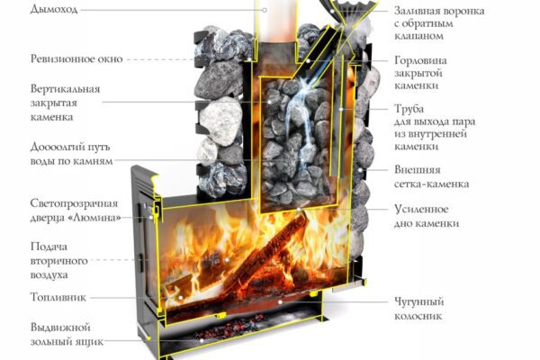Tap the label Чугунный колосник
(x=418, y=309)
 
